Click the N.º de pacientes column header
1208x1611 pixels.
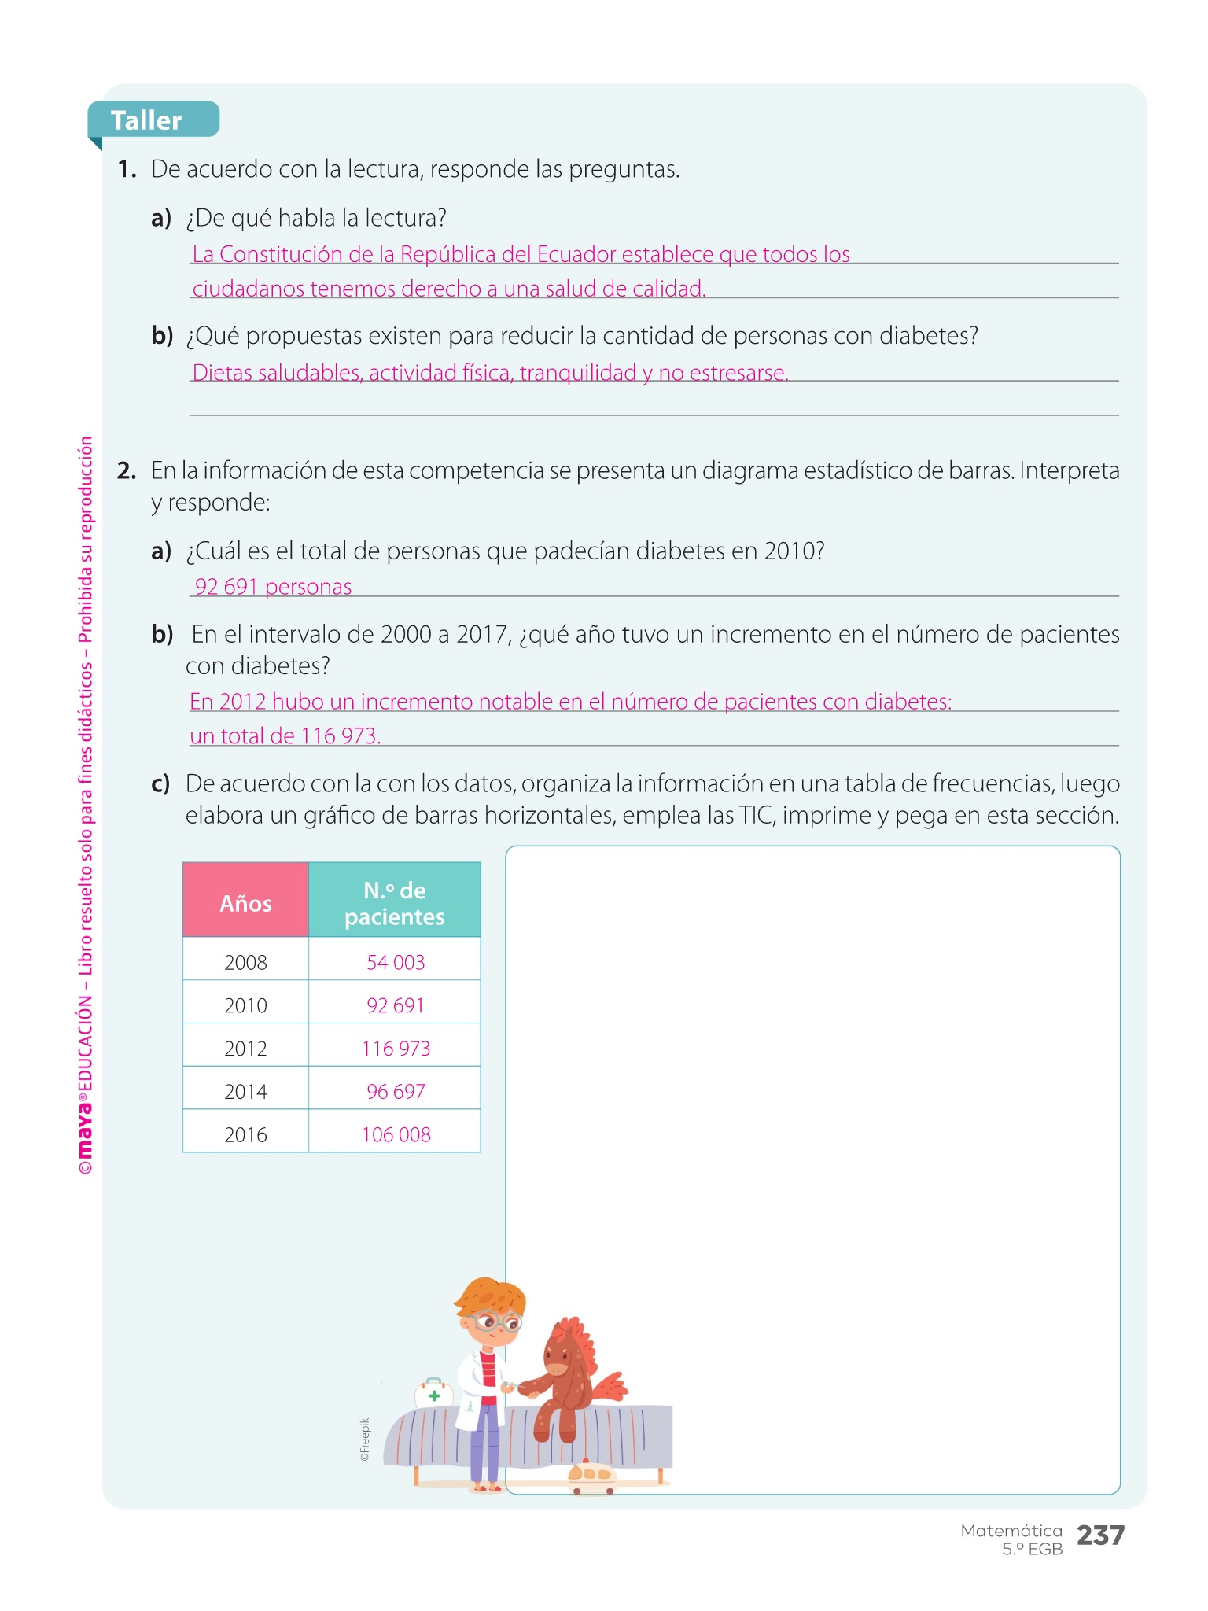tap(394, 902)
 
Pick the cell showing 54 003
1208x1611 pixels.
tap(395, 962)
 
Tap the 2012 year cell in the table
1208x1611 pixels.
tap(245, 1049)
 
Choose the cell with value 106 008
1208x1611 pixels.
tap(396, 1134)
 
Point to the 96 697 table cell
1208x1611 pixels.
tap(395, 1092)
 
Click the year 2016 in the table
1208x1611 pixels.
tap(245, 1134)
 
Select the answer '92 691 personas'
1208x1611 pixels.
tap(273, 587)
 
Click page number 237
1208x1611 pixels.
tap(1100, 1535)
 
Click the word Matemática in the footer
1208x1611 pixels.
tap(1011, 1530)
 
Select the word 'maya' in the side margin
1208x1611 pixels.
tap(85, 1128)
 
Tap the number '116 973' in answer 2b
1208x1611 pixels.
tap(339, 736)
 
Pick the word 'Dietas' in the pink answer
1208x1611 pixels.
tap(222, 373)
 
